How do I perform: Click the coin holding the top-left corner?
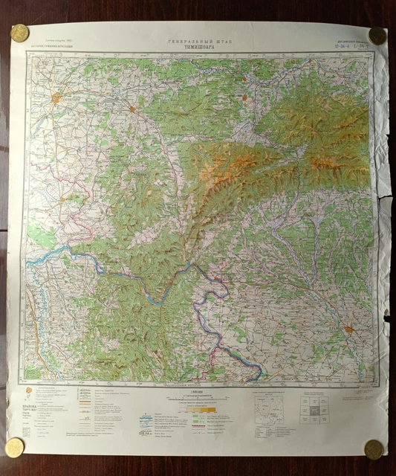pos(19,33)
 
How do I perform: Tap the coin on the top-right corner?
pos(377,35)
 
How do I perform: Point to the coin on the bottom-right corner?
pos(374,449)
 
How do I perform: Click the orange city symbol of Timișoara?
pos(58,97)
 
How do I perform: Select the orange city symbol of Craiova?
pos(348,328)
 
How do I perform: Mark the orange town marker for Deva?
pos(246,96)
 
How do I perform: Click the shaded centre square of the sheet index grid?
pos(315,409)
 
